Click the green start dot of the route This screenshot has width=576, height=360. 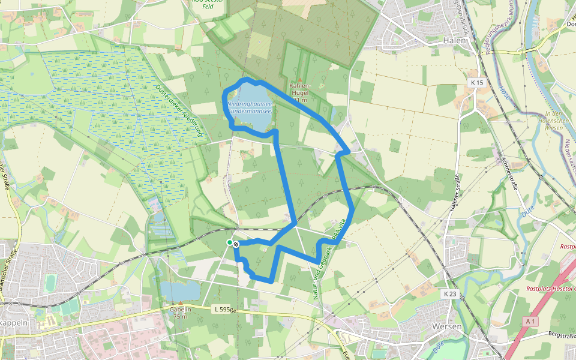click(x=230, y=242)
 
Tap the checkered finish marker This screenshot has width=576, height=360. click(x=236, y=244)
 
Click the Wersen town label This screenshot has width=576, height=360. click(x=446, y=326)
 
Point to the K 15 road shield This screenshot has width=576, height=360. click(x=477, y=82)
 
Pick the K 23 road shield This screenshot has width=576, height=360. click(x=451, y=294)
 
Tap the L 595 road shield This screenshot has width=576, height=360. click(x=222, y=308)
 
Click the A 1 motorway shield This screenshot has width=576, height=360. click(x=529, y=322)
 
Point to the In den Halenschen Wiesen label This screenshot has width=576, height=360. click(x=545, y=121)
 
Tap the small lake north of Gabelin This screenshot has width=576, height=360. click(x=180, y=290)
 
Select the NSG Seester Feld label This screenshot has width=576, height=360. click(x=208, y=5)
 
